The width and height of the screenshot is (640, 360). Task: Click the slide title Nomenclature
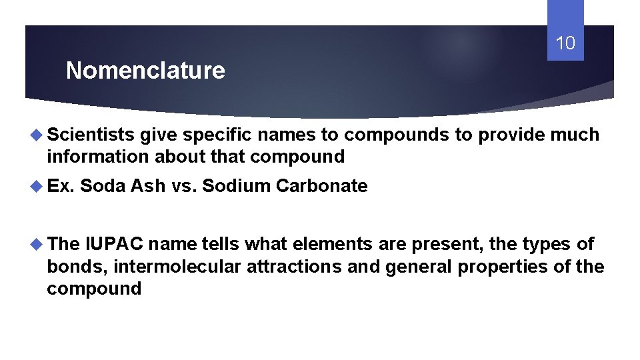pos(145,71)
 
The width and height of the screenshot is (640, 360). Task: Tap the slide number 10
pos(565,44)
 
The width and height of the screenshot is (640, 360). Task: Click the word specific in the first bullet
pos(217,135)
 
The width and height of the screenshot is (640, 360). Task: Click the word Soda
pos(103,186)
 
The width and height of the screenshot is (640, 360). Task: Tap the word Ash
pos(148,186)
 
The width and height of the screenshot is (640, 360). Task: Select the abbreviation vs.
pos(183,186)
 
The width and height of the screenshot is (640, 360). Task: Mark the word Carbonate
pos(321,186)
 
